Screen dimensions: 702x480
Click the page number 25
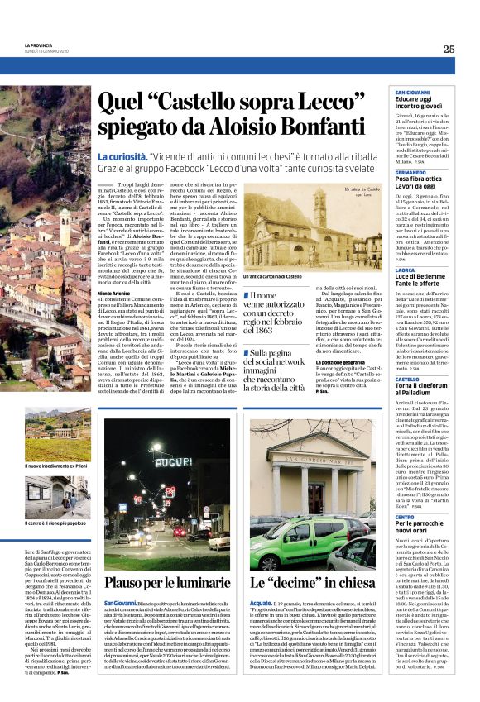(x=449, y=49)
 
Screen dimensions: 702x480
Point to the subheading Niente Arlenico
(x=114, y=294)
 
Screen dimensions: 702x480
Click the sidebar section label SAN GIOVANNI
(x=411, y=91)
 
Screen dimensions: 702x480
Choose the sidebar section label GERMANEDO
(x=411, y=171)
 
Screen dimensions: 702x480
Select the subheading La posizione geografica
(x=343, y=361)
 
